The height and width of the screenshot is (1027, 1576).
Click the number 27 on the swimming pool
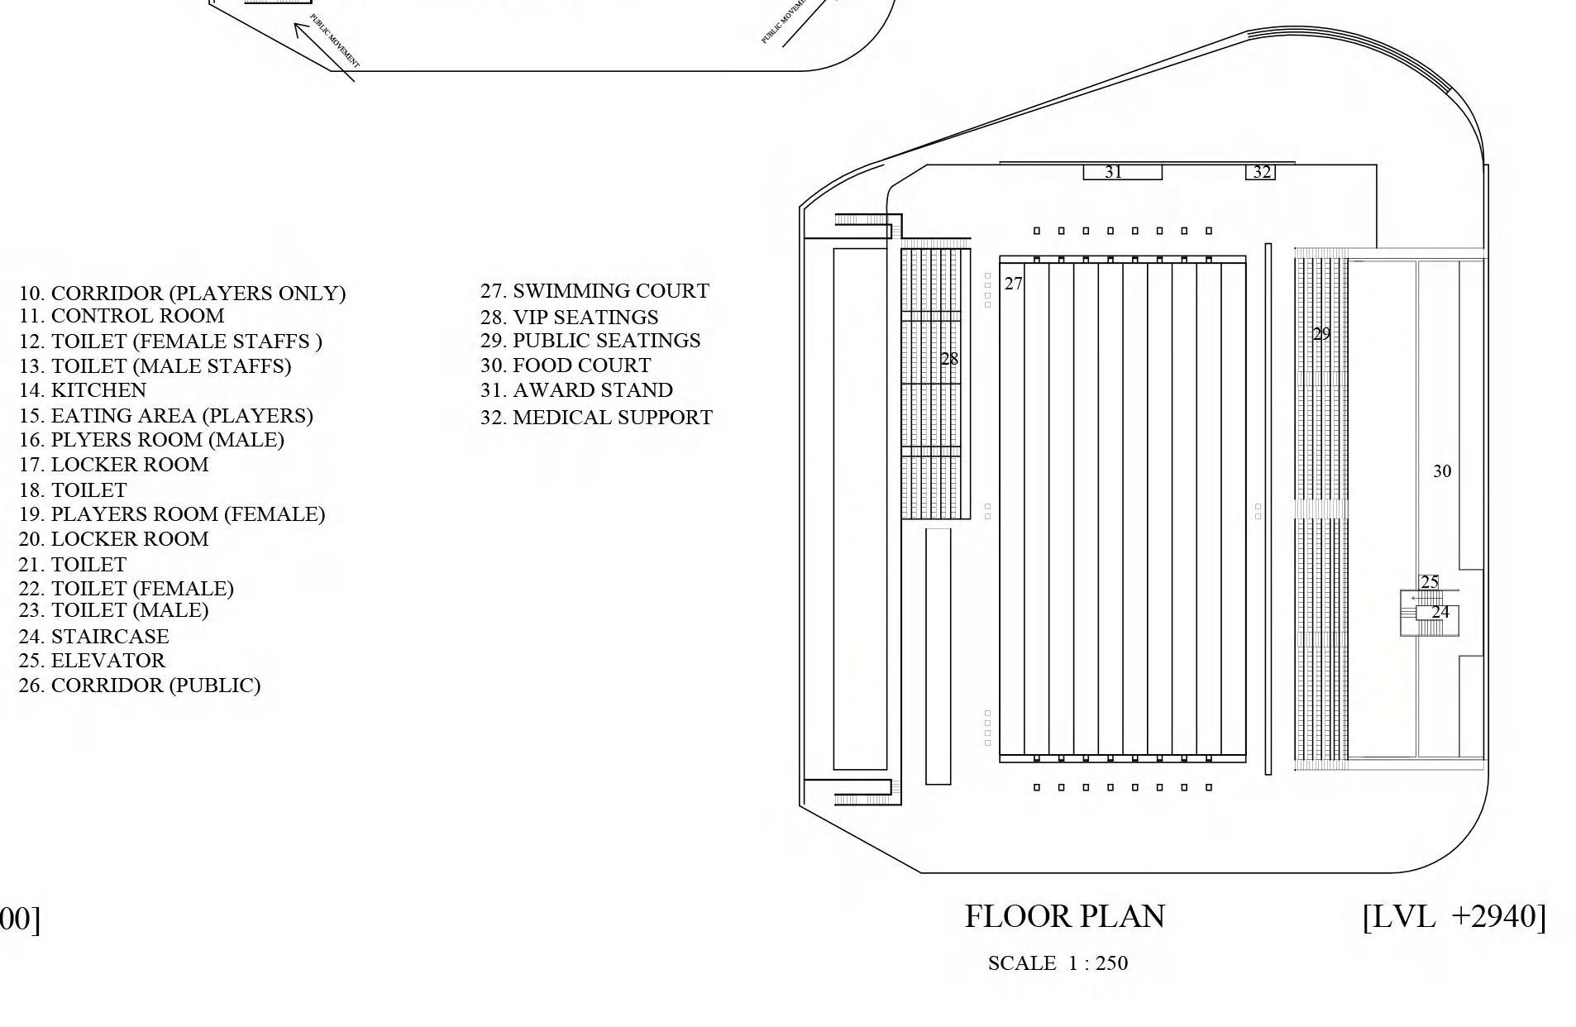pos(1013,284)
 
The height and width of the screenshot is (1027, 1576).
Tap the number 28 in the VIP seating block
pos(949,359)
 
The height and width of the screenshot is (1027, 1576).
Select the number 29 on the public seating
pos(1321,334)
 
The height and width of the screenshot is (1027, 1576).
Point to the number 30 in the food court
pos(1441,471)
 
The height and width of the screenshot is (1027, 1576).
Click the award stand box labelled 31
pos(1122,172)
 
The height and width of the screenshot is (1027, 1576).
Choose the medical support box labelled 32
pos(1261,172)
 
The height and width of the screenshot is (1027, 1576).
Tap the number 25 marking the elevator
pos(1429,582)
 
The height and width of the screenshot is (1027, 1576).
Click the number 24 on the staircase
pos(1440,612)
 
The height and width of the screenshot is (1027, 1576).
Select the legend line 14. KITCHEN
pos(83,390)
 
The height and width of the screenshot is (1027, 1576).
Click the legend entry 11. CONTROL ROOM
pos(122,316)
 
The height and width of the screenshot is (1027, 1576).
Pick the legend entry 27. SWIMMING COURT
pos(595,291)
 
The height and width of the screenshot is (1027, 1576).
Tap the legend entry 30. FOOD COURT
pos(566,365)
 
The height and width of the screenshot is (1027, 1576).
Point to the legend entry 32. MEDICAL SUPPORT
pos(596,418)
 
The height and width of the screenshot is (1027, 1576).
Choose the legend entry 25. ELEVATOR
pos(92,661)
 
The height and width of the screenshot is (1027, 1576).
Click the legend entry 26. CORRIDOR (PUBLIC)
pos(139,685)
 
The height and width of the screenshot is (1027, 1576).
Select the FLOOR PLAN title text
pos(1064,916)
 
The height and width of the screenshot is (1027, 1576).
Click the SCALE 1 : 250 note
pos(1058,963)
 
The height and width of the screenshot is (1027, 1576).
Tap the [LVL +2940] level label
pos(1454,916)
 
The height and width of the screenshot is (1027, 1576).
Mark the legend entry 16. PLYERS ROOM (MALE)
pos(151,440)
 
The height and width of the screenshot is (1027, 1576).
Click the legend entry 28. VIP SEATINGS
pos(569,318)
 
